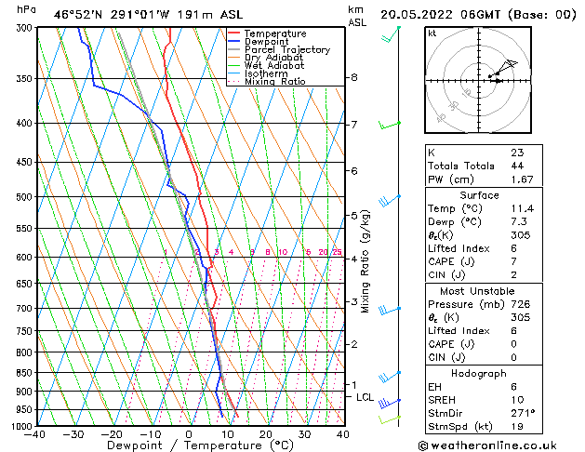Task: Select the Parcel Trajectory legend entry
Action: tap(286, 50)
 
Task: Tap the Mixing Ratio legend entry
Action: tap(274, 82)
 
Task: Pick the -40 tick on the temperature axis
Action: tap(35, 434)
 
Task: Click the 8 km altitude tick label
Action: tap(353, 77)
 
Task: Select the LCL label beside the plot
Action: tap(366, 397)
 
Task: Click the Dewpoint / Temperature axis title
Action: tap(189, 446)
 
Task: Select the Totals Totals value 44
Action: tap(516, 166)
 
